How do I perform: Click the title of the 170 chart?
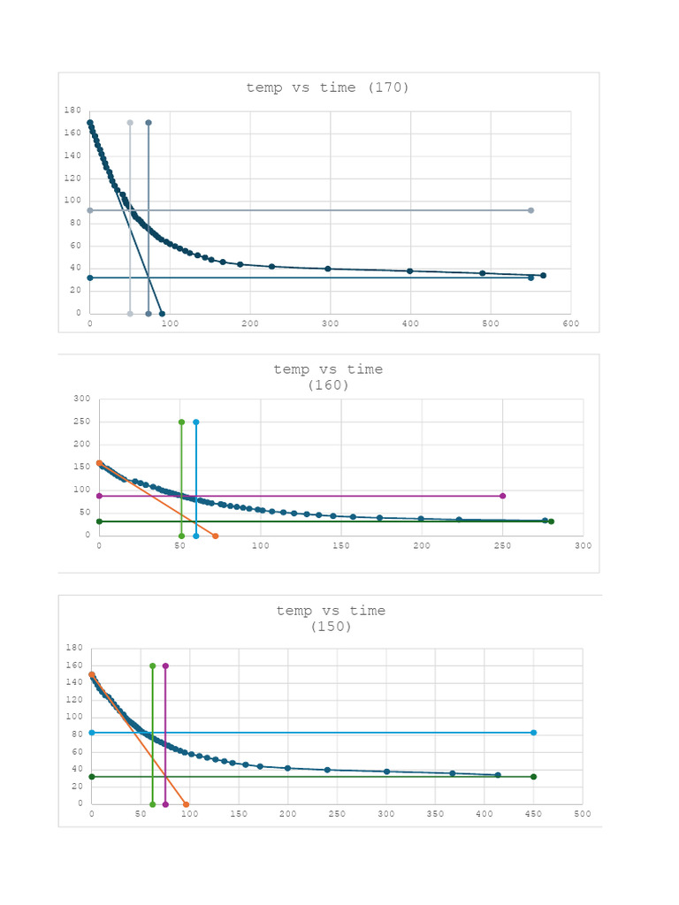327,87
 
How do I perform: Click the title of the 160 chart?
328,377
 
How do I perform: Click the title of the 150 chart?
331,618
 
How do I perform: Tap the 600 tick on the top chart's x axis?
570,324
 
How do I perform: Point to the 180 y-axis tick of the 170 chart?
72,110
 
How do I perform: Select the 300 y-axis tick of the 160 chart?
81,399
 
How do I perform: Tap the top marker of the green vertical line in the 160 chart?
181,422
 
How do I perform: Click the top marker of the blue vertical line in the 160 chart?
195,422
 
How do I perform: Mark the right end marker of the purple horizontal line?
502,496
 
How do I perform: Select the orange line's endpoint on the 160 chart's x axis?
215,536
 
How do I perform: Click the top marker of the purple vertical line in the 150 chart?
165,665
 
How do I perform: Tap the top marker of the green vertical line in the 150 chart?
152,665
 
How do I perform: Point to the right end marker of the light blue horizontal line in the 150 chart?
533,733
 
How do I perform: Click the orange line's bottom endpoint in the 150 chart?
186,804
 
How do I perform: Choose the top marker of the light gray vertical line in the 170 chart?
130,123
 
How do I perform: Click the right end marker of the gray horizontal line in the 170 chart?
530,210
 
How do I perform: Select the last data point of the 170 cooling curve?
543,275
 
